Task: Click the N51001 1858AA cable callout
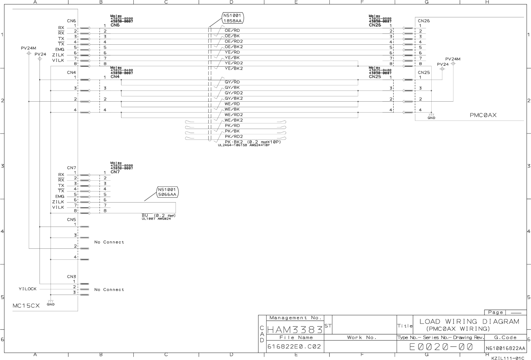coord(233,18)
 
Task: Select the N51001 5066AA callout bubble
coord(167,192)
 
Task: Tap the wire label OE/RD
coord(232,31)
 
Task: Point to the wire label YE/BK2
coord(234,69)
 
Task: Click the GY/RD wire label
coord(232,82)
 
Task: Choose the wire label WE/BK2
coord(234,120)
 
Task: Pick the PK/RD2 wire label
coord(234,136)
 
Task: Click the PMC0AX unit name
coord(483,115)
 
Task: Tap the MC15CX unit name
coord(26,306)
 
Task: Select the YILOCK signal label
coord(28,289)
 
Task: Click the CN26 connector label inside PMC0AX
coord(424,21)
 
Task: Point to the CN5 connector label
coord(71,220)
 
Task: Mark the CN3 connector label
coord(71,276)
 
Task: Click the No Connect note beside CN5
coord(109,242)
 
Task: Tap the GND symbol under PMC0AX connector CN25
coord(431,116)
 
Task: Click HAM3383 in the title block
coord(295,329)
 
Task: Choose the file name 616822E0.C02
coord(294,347)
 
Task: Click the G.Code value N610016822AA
coord(505,348)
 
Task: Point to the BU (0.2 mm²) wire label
coord(158,215)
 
